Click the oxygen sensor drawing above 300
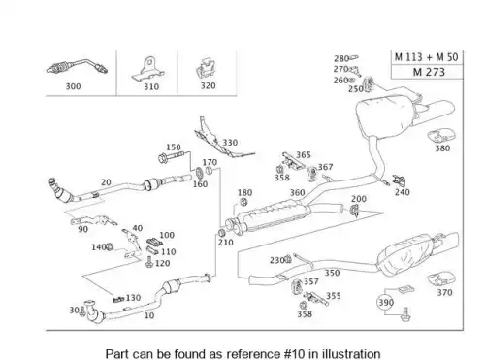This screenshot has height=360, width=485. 77,67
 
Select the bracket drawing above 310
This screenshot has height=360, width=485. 148,69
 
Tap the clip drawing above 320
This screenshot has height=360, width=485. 206,68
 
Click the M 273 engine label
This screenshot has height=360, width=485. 429,72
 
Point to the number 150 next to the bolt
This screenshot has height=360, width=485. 174,147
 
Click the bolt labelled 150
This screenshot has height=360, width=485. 171,157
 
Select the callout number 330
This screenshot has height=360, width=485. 230,143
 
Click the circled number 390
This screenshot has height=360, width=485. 385,303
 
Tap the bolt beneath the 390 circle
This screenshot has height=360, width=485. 404,314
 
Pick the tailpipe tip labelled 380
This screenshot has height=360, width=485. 441,135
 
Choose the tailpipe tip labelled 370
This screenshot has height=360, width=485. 442,279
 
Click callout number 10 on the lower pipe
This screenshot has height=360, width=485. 149,315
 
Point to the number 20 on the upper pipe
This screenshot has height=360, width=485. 106,182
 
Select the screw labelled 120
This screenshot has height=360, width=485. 149,262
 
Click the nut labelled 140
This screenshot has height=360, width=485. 110,247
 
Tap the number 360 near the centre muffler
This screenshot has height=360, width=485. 297,193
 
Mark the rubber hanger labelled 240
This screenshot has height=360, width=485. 399,180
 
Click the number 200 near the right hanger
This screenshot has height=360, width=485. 359,199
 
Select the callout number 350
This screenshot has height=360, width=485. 332,273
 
